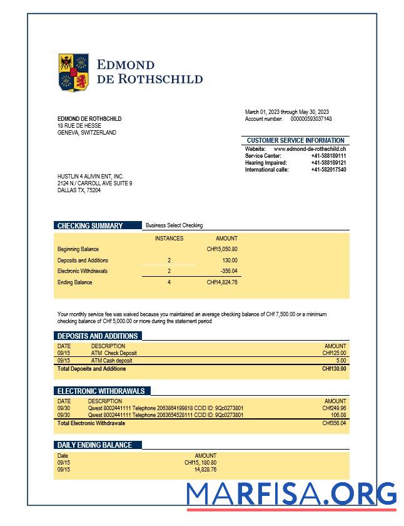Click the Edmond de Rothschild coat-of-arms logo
click(x=74, y=72)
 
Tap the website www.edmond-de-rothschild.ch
click(x=310, y=148)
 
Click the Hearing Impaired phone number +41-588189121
click(x=328, y=163)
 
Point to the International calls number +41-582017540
click(x=328, y=170)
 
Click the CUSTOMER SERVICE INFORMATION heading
click(x=295, y=140)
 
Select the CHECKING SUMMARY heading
click(x=90, y=225)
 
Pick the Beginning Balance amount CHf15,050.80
click(x=222, y=249)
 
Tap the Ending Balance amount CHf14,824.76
click(x=222, y=282)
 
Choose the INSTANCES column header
click(x=169, y=239)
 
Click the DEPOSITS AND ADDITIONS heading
click(x=97, y=336)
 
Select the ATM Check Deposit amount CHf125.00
click(x=334, y=353)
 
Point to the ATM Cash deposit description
click(x=111, y=361)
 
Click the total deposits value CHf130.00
click(x=334, y=369)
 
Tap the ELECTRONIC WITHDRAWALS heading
click(x=101, y=391)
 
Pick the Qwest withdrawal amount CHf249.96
click(x=334, y=408)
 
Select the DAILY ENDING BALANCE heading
click(x=94, y=445)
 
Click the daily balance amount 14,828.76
click(x=205, y=469)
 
